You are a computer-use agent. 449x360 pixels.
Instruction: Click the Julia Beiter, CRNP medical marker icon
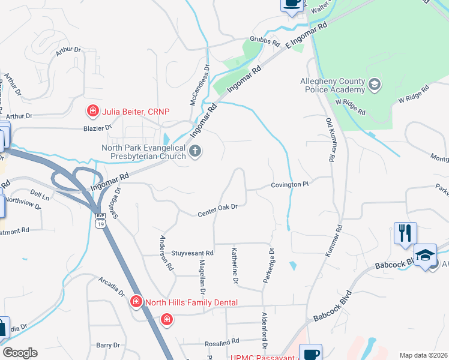pyautogui.click(x=92, y=110)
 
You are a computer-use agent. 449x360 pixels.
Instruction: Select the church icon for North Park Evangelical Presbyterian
pyautogui.click(x=194, y=151)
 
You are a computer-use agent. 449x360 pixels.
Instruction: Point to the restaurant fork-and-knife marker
pyautogui.click(x=405, y=232)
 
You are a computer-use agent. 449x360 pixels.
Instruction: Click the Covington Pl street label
pyautogui.click(x=289, y=185)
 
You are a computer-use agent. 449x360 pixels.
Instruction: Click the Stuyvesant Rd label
pyautogui.click(x=192, y=254)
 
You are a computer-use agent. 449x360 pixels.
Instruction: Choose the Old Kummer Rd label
pyautogui.click(x=330, y=139)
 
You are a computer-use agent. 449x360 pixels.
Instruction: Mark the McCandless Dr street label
pyautogui.click(x=199, y=85)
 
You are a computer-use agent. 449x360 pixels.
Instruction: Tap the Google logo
pyautogui.click(x=20, y=353)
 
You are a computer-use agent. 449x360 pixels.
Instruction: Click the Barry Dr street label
pyautogui.click(x=108, y=345)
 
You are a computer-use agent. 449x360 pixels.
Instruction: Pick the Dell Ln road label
pyautogui.click(x=39, y=195)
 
